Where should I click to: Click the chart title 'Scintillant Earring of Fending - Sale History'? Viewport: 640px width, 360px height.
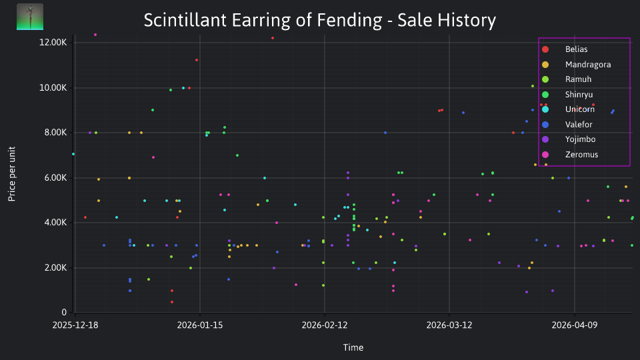(x=319, y=20)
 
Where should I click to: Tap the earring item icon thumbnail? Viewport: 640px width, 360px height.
(x=30, y=17)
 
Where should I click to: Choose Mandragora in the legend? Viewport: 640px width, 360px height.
(x=576, y=65)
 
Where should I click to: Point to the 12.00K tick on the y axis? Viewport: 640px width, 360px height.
(x=53, y=43)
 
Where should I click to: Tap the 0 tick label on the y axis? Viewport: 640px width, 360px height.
(x=64, y=312)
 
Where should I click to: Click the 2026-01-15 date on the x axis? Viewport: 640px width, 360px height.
(x=200, y=325)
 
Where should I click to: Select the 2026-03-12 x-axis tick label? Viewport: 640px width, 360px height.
(x=449, y=325)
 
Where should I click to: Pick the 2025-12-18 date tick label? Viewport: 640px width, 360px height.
(x=75, y=325)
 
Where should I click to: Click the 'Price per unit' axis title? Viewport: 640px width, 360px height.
(x=12, y=174)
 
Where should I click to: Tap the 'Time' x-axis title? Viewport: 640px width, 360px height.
(x=353, y=348)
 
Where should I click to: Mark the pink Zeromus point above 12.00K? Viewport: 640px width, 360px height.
(x=95, y=35)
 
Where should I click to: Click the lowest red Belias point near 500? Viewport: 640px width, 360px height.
(x=172, y=302)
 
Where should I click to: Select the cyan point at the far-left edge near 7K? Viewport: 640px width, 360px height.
(x=73, y=154)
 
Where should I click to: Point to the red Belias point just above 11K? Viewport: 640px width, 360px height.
(x=197, y=60)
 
